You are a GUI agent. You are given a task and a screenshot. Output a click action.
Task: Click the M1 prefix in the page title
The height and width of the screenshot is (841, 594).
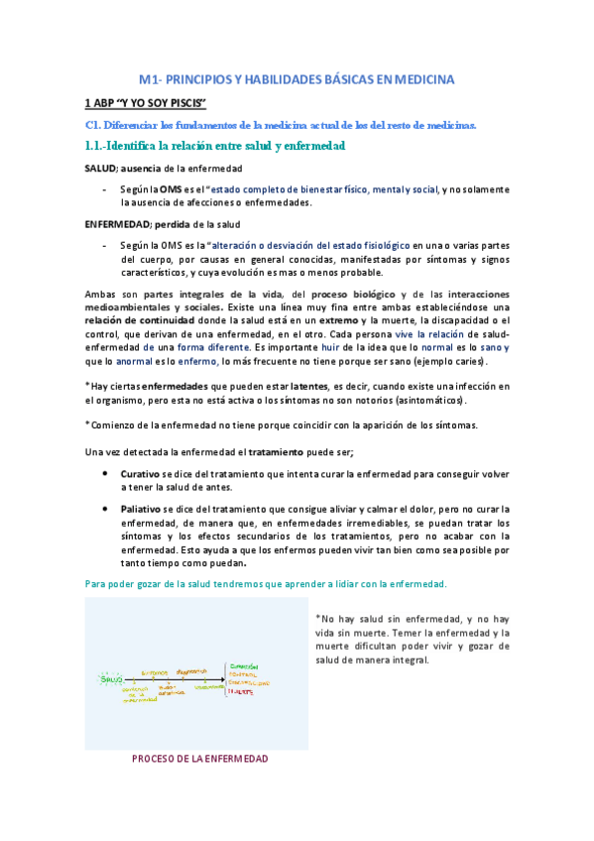pyautogui.click(x=147, y=78)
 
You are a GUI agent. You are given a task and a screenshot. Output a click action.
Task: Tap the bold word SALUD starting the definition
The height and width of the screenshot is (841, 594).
pyautogui.click(x=100, y=167)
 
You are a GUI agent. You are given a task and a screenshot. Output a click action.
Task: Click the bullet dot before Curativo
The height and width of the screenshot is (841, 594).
pyautogui.click(x=106, y=474)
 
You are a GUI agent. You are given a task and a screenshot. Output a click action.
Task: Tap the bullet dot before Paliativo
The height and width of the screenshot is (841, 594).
pyautogui.click(x=106, y=509)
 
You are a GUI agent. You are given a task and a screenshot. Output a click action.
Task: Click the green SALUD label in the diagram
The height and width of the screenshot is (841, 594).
pyautogui.click(x=112, y=678)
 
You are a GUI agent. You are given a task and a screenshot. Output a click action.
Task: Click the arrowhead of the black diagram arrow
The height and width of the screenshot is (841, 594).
pyautogui.click(x=221, y=683)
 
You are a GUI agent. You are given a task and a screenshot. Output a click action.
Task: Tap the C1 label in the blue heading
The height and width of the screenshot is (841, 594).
pyautogui.click(x=89, y=125)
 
